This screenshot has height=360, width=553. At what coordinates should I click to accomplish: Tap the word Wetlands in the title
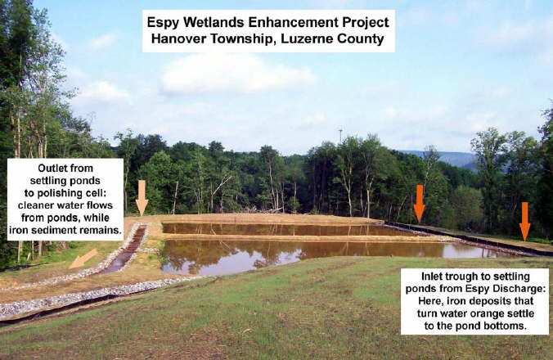[x=209, y=22]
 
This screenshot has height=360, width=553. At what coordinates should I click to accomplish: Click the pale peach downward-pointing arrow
[x=142, y=197]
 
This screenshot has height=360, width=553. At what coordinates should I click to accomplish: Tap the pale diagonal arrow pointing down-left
[x=83, y=259]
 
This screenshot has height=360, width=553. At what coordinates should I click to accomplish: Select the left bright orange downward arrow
[x=420, y=204]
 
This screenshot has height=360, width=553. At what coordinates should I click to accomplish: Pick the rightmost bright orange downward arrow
[x=525, y=221]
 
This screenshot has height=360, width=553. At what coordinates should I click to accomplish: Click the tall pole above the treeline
[x=340, y=136]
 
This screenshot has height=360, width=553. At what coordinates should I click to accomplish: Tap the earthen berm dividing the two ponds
[x=303, y=238]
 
